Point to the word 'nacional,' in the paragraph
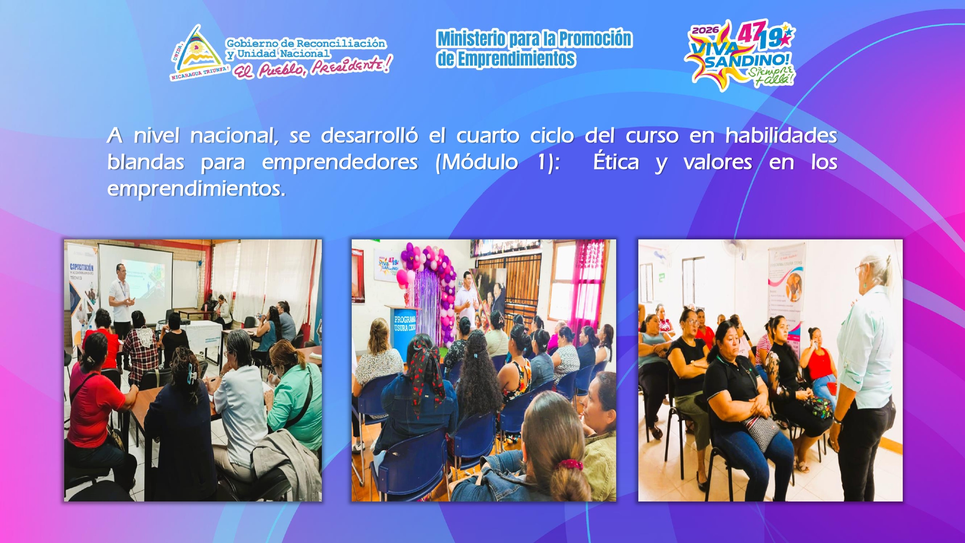[234, 136]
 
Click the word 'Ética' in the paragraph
[616, 162]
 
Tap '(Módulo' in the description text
[476, 162]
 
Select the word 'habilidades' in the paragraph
[781, 136]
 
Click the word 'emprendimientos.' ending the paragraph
[196, 189]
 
